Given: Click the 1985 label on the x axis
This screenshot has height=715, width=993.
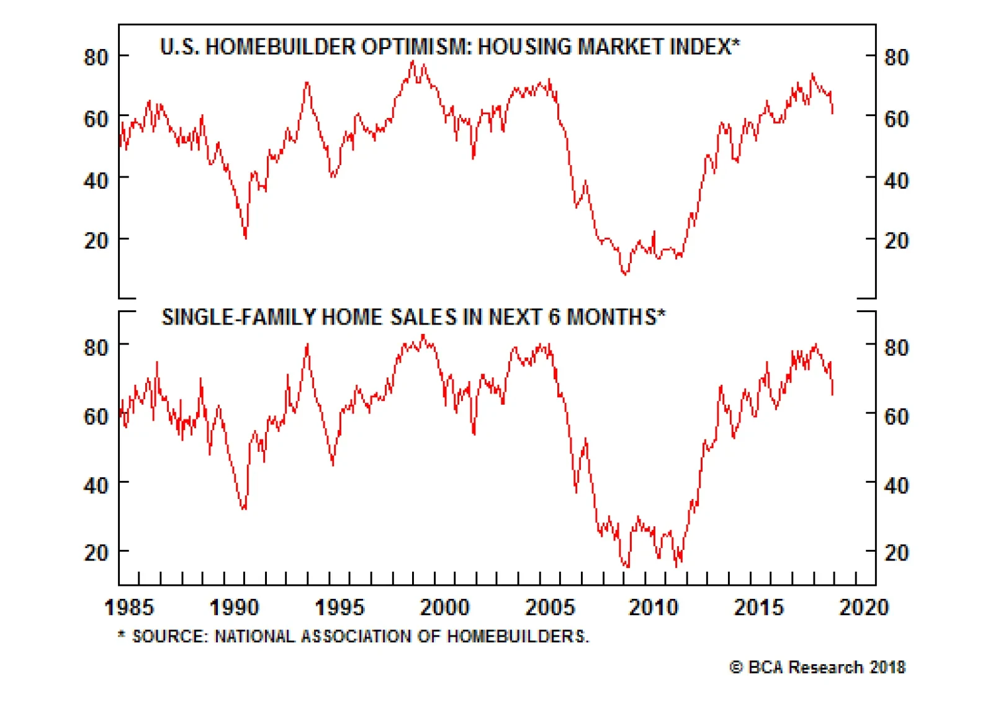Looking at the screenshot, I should tap(129, 607).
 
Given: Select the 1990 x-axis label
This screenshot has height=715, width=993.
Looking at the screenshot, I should tap(234, 607).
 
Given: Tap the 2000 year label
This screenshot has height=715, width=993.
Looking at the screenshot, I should tap(445, 607).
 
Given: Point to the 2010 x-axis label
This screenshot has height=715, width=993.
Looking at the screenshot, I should tap(654, 607).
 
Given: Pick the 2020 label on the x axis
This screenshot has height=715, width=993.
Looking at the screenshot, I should tap(864, 607).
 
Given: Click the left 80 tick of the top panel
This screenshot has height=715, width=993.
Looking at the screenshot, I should tap(96, 57).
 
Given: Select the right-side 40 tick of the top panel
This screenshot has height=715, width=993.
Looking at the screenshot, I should tap(896, 181).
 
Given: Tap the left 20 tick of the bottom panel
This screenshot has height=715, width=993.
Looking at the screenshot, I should tap(96, 552).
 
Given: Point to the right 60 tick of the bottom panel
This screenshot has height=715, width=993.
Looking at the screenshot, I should tap(896, 416).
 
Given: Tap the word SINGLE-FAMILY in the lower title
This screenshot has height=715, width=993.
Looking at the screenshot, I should tap(239, 317).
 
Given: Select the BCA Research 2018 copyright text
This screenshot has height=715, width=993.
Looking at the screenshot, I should tap(817, 667).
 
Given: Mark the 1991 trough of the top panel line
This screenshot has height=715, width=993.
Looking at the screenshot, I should tap(246, 237).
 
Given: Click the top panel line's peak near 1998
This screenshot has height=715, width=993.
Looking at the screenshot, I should tap(412, 61).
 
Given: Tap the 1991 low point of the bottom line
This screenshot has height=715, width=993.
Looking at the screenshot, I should tap(243, 509).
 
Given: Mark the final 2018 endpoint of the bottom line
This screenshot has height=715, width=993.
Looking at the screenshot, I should tap(832, 393).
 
